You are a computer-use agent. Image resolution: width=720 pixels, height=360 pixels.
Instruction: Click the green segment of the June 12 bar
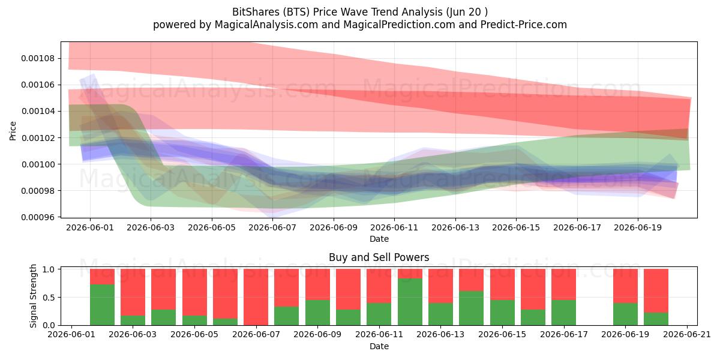410,302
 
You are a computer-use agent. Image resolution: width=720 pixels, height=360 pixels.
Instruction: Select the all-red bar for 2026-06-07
256,297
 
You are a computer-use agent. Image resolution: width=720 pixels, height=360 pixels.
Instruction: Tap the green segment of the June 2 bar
102,305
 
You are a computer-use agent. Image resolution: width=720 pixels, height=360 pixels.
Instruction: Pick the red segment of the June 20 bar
656,290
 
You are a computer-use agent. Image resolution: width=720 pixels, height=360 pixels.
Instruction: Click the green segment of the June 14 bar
471,308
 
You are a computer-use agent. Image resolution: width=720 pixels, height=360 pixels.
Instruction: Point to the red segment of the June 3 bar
133,292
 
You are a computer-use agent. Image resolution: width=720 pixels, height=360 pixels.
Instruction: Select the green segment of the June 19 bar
625,314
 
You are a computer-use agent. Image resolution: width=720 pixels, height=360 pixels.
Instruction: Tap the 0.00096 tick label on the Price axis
38,217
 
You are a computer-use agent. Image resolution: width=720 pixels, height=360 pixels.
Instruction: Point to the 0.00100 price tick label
38,164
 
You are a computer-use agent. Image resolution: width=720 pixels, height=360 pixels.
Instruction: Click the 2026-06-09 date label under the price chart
334,227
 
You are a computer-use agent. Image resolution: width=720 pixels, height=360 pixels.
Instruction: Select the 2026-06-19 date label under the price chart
638,227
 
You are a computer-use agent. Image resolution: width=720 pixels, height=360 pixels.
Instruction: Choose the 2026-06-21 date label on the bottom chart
687,334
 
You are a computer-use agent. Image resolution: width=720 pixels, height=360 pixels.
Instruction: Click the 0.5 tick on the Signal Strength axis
49,298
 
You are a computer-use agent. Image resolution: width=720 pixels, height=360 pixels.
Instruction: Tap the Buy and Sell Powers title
379,257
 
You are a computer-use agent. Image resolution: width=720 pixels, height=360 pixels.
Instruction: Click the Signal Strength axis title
33,296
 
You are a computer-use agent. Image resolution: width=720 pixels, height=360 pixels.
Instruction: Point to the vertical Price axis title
13,131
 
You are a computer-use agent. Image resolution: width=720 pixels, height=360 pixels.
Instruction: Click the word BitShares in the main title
256,12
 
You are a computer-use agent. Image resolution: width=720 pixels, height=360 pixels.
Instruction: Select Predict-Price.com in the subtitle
524,25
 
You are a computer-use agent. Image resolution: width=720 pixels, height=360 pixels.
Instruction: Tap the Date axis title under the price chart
379,239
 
